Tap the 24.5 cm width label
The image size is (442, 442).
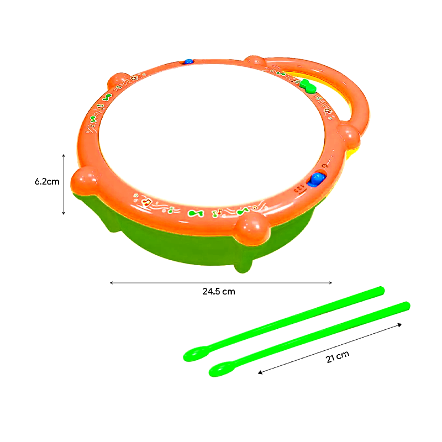click(x=218, y=291)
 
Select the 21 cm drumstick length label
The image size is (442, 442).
click(x=338, y=358)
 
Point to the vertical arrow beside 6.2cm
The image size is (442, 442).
click(x=64, y=184)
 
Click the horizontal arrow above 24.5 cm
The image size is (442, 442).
click(x=220, y=282)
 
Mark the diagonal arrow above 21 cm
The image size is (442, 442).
click(x=330, y=349)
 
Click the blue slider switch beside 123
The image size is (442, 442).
click(x=317, y=178)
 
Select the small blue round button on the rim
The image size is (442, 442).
click(x=189, y=61)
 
